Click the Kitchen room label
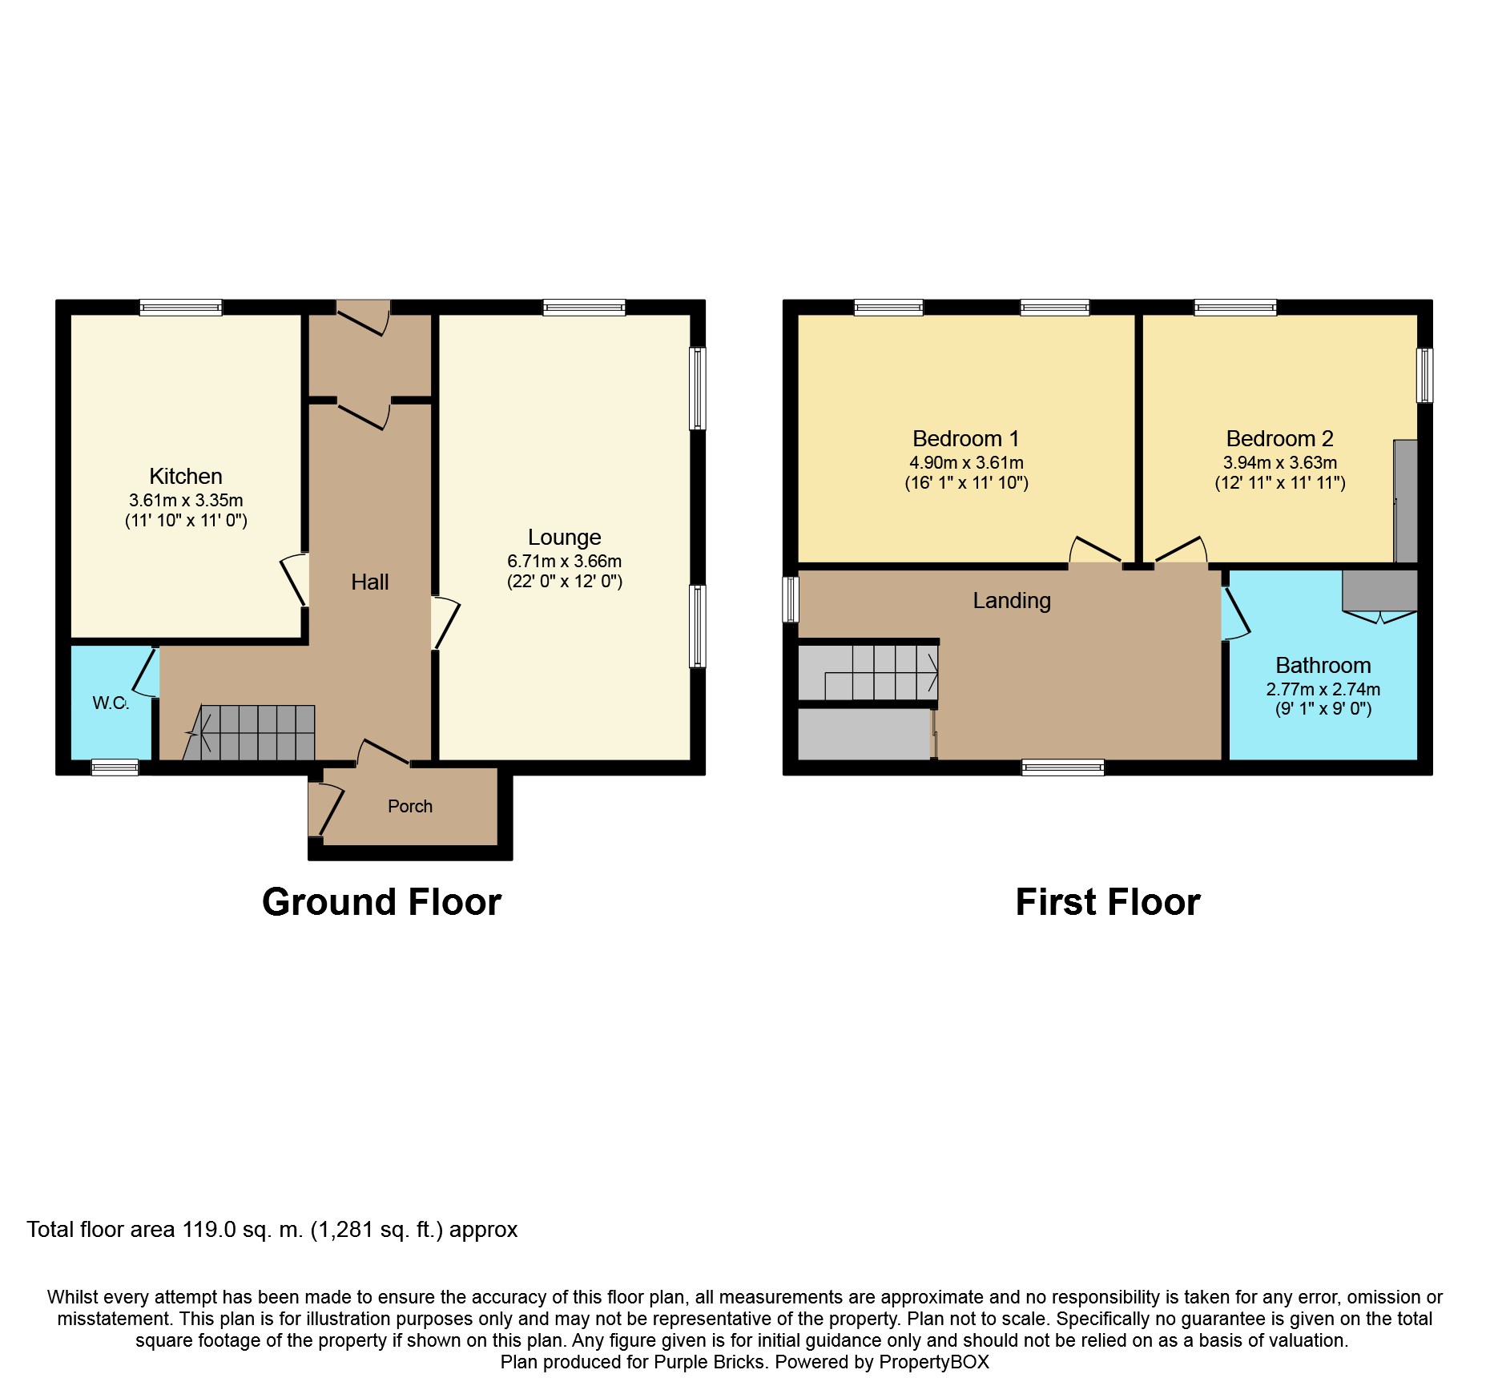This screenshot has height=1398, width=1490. (x=186, y=477)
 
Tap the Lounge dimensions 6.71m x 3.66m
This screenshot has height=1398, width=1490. (x=565, y=562)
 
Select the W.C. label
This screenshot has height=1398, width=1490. (x=111, y=703)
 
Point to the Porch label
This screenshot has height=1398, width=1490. (x=410, y=807)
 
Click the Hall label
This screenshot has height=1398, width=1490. (x=370, y=582)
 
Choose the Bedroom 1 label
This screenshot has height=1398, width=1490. (x=966, y=439)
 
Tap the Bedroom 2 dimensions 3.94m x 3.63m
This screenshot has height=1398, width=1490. (x=1280, y=463)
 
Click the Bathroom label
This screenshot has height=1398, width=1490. (x=1323, y=666)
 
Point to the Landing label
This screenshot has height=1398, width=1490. (x=1012, y=601)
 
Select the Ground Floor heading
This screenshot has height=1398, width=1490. (x=381, y=902)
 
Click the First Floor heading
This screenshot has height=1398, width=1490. (x=1108, y=902)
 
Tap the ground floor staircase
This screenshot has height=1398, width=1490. (x=249, y=732)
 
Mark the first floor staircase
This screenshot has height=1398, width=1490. (x=868, y=672)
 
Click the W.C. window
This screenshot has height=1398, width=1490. (x=115, y=767)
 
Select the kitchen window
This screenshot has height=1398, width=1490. (x=180, y=307)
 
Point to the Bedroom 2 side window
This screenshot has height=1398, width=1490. (x=1425, y=375)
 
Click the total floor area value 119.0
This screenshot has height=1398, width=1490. (x=209, y=1230)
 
